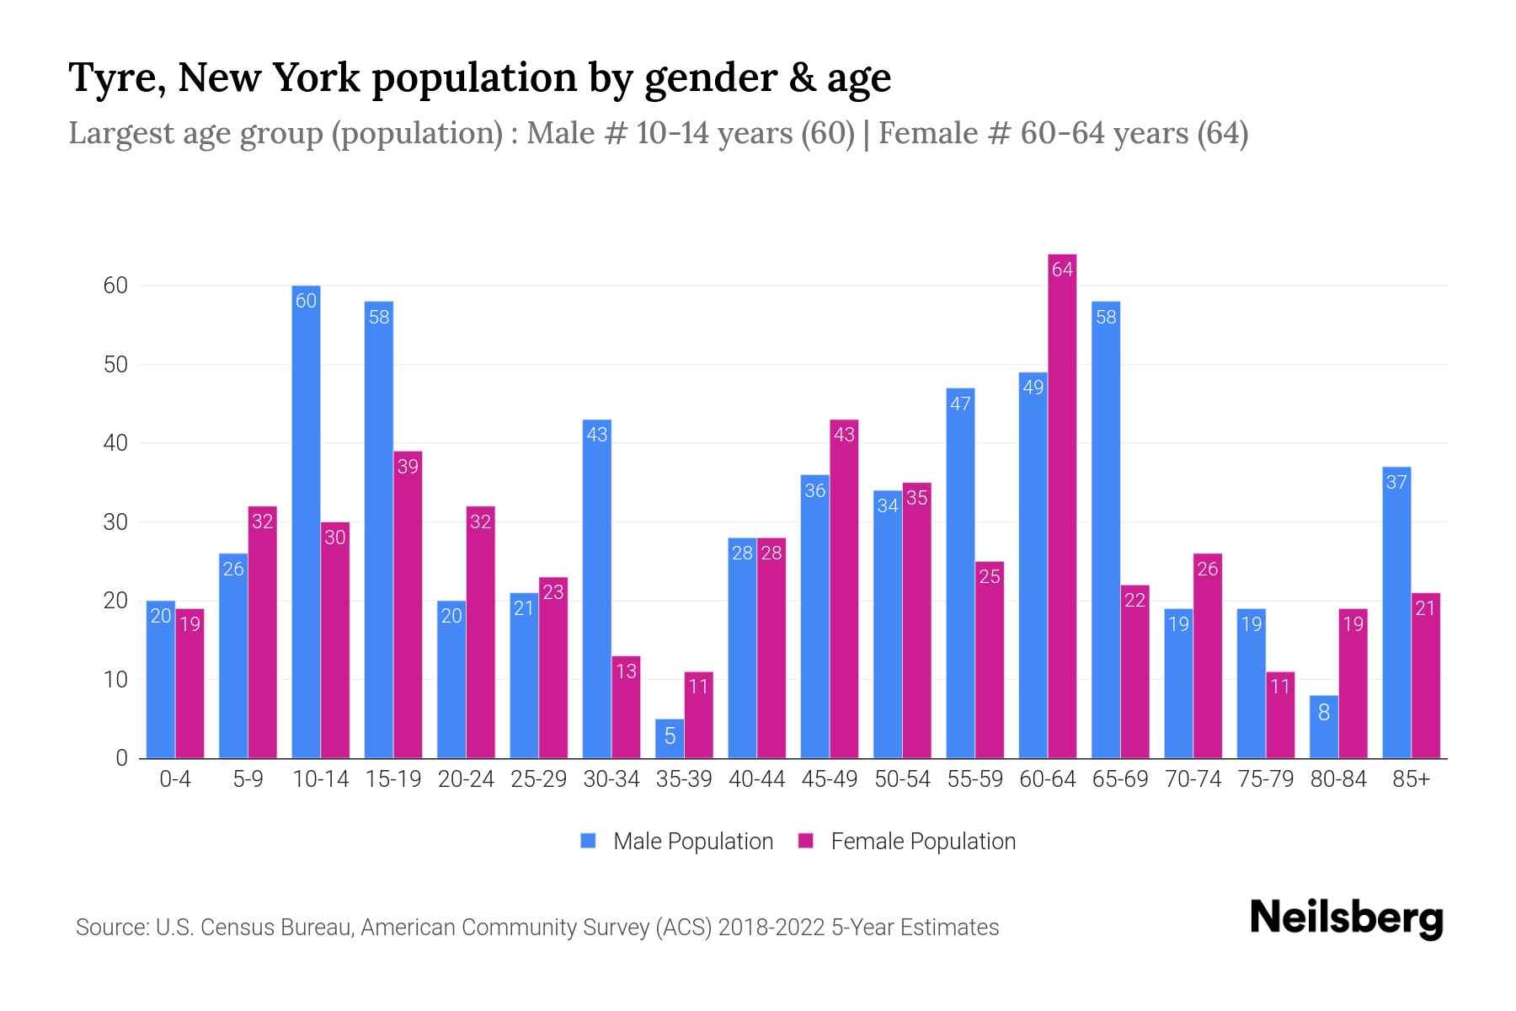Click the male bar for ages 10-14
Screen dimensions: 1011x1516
point(306,522)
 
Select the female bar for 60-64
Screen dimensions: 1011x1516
point(1062,505)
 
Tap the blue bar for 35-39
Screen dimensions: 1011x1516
point(670,739)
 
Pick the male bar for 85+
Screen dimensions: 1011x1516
point(1396,612)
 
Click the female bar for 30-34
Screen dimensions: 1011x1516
point(626,708)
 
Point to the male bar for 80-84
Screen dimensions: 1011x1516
point(1323,727)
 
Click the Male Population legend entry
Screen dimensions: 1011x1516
point(678,842)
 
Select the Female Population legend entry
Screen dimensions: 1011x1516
point(908,842)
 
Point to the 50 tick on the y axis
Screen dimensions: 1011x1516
point(115,365)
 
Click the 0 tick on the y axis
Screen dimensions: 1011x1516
point(121,758)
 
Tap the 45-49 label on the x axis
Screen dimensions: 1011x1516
point(829,779)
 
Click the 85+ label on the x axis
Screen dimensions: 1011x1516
point(1411,779)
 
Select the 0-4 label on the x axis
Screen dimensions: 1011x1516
point(175,779)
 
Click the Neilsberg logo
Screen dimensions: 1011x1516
point(1346,918)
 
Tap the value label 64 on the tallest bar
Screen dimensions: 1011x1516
point(1062,270)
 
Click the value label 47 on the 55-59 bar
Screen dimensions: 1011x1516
point(960,404)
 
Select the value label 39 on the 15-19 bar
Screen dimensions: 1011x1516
point(408,467)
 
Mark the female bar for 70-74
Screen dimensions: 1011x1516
point(1207,655)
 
